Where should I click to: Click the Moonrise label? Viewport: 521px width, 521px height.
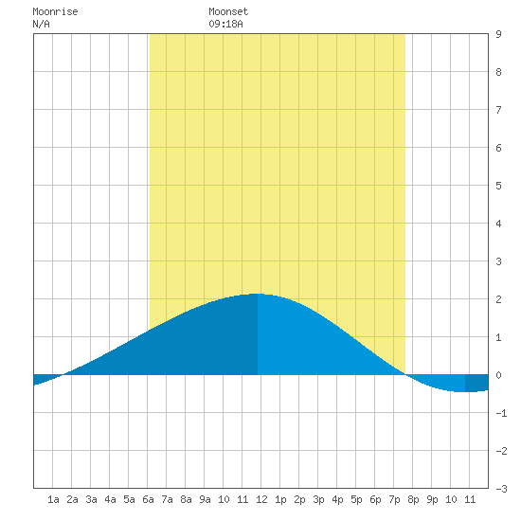(55, 11)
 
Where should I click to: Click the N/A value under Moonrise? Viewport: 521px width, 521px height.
(41, 24)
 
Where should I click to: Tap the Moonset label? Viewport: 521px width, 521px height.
(228, 11)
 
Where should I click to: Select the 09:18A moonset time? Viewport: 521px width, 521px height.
(226, 24)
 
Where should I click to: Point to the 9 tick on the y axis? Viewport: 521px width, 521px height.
(498, 34)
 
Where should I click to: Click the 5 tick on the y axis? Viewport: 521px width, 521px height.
(498, 186)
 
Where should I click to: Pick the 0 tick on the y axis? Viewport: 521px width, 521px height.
(498, 375)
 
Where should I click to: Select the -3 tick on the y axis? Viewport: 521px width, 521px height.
(501, 489)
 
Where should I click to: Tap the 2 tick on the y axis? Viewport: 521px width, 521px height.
(498, 299)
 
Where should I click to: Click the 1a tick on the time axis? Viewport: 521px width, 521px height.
(53, 499)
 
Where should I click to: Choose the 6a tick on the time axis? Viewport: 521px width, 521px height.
(148, 499)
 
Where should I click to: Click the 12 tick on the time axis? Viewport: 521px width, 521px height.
(261, 499)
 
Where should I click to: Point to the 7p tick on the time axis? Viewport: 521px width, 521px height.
(394, 499)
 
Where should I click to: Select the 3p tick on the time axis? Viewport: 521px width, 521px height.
(318, 499)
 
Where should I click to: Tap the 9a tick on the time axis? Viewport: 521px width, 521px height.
(205, 499)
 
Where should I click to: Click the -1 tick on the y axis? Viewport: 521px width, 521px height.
(501, 413)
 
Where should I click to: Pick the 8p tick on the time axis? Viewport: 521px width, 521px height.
(413, 499)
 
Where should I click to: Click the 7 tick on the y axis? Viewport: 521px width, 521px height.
(498, 110)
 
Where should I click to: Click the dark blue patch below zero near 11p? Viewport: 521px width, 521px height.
(476, 383)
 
